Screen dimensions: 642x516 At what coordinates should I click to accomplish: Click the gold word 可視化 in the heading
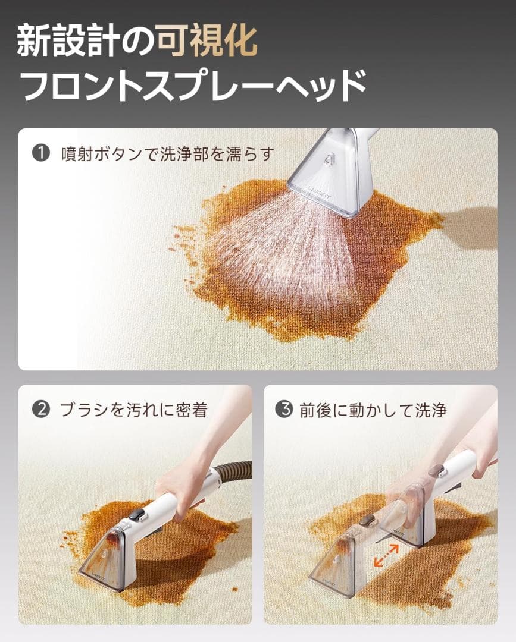(x=207, y=41)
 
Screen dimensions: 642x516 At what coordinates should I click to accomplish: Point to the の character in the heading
(x=139, y=42)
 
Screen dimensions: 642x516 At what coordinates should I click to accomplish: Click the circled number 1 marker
(x=40, y=153)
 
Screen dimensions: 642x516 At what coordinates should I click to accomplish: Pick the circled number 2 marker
(x=40, y=410)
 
